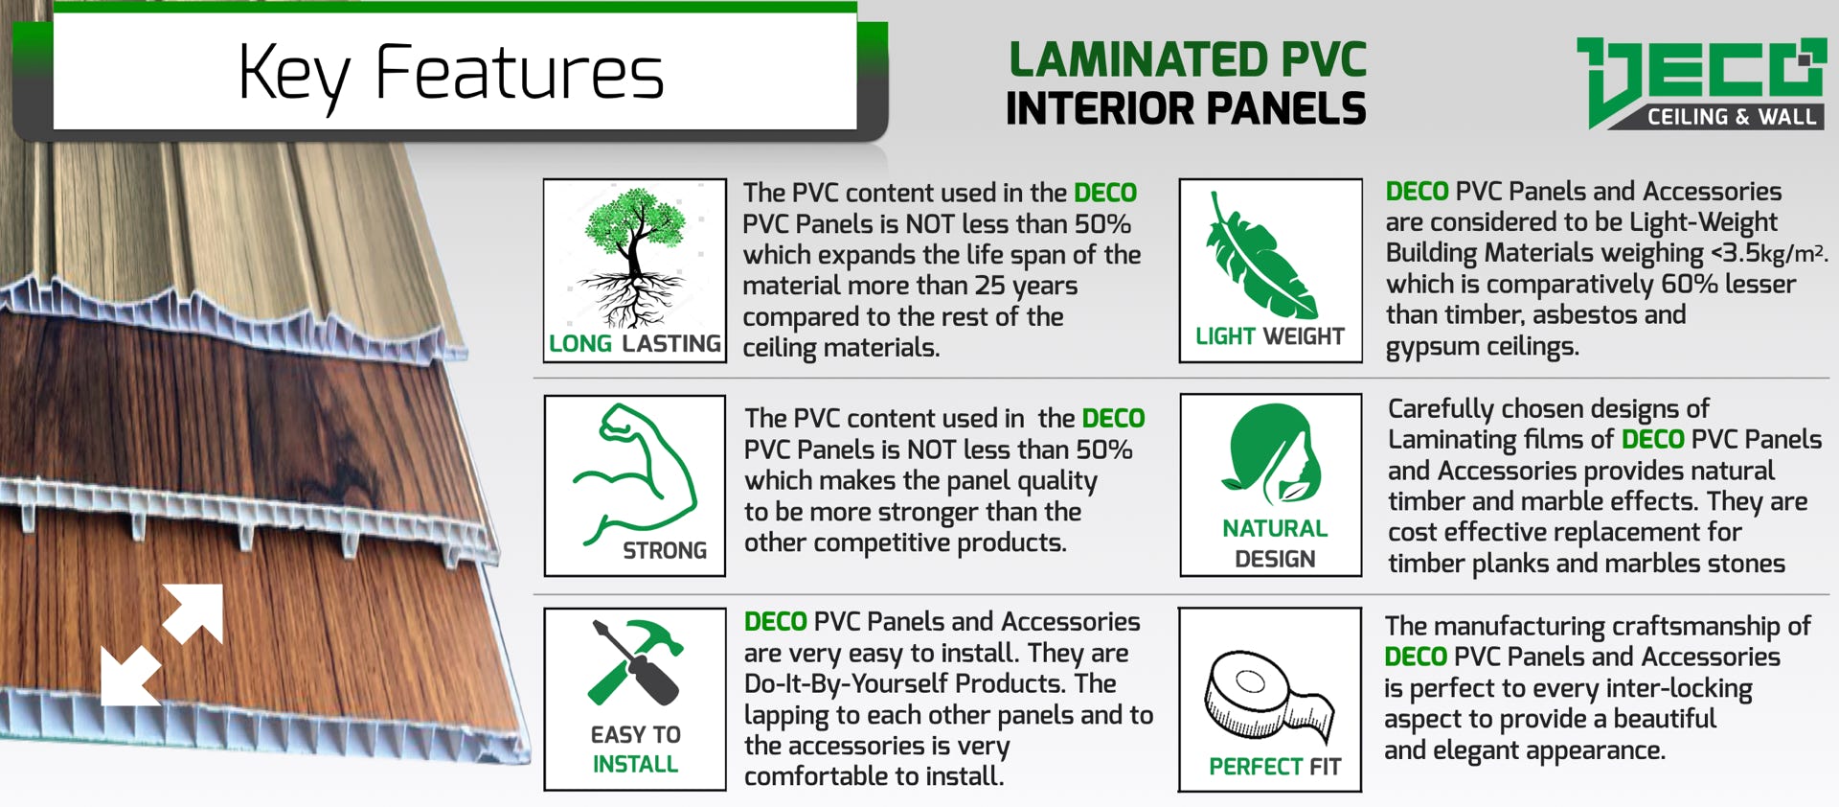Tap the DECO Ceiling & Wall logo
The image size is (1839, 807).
point(1701,83)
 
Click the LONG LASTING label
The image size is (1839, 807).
point(634,343)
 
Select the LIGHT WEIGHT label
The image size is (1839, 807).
point(1270,336)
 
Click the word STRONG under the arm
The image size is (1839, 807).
point(665,551)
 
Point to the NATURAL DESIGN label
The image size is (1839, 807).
point(1275,543)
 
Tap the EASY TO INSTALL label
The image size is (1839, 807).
point(635,749)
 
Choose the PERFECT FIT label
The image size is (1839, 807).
point(1275,767)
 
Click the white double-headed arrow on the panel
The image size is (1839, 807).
point(162,644)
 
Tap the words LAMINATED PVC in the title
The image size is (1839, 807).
point(1188,59)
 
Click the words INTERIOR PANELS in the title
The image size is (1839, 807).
point(1186,108)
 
